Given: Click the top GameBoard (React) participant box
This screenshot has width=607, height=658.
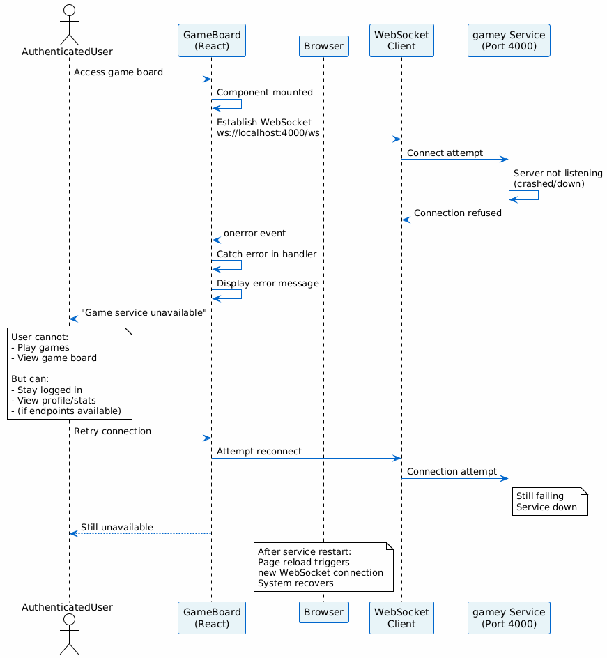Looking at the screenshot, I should (212, 40).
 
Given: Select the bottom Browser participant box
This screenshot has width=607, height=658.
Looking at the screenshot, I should (323, 612).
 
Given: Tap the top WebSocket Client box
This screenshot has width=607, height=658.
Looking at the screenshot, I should (401, 40).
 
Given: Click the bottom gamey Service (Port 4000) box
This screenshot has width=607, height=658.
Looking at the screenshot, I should (509, 618).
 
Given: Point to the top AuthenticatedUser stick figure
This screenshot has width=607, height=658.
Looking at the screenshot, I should (69, 24).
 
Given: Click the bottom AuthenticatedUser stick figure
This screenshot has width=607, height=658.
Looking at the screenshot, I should (69, 634).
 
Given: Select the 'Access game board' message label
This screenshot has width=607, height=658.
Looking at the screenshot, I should (118, 72).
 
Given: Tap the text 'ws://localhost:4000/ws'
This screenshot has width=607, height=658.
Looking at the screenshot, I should (268, 133).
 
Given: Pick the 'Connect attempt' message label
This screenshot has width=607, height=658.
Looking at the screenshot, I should (445, 153).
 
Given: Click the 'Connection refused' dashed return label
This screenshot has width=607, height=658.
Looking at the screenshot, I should (457, 213).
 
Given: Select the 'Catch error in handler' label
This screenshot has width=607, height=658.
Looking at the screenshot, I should (266, 254).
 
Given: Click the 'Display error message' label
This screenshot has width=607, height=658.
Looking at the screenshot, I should (268, 284).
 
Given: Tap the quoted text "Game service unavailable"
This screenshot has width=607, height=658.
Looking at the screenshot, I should (144, 312).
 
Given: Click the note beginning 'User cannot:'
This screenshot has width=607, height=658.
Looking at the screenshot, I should (70, 374).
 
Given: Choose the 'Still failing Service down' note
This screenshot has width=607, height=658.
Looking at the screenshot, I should (550, 501).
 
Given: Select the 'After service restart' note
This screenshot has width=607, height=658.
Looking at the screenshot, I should (323, 567).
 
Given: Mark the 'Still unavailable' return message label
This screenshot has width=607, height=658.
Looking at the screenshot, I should (117, 527).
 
